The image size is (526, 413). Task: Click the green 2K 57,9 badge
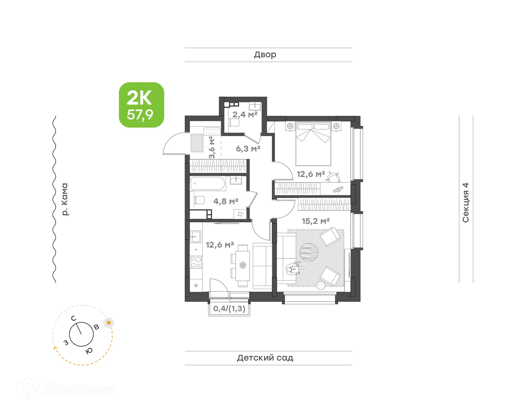click(141, 105)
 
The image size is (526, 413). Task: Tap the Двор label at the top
click(265, 55)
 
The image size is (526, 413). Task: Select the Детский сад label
click(265, 358)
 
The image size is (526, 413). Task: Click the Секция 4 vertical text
click(466, 203)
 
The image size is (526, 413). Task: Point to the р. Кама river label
click(65, 199)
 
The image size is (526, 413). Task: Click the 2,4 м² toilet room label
click(245, 114)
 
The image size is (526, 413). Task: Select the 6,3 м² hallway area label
click(248, 149)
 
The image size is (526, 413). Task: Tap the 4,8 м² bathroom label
click(226, 201)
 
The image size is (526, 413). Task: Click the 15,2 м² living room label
click(316, 221)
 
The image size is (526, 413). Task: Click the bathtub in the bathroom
click(208, 183)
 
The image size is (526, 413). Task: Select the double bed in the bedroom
click(313, 144)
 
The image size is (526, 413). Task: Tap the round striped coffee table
click(309, 252)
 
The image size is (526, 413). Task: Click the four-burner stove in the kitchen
click(196, 262)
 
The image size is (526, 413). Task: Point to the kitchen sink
click(196, 236)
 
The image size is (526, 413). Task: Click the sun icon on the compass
click(109, 323)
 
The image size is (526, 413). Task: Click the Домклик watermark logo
click(66, 389)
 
